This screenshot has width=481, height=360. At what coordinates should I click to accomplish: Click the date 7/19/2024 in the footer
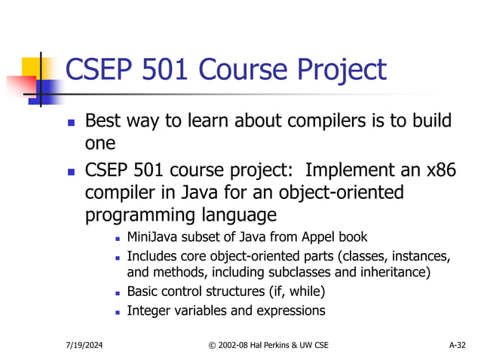[84, 345]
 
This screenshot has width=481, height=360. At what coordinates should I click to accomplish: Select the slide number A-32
[457, 345]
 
